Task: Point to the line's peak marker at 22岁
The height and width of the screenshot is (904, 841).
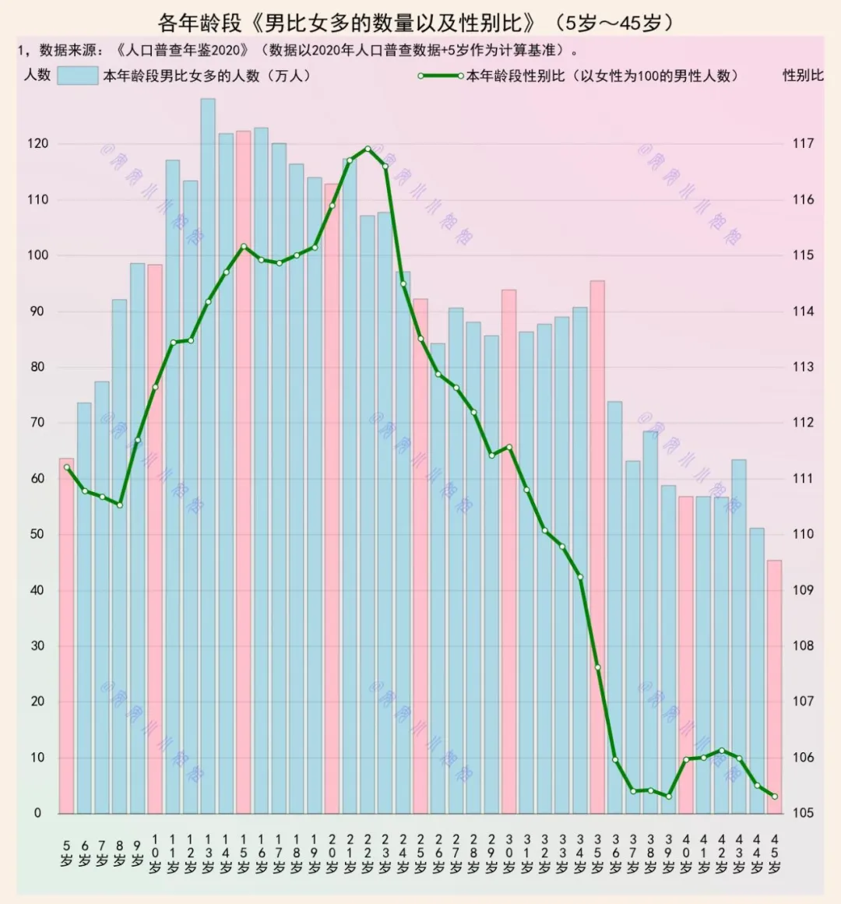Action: [x=368, y=149]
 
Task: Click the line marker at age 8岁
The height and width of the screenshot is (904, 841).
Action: [x=119, y=505]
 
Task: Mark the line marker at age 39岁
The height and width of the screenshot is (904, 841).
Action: [x=668, y=796]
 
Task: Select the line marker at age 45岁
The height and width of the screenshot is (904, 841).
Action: [x=774, y=796]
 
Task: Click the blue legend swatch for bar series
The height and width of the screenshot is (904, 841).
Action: [x=78, y=76]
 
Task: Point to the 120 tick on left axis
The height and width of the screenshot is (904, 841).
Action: [x=37, y=143]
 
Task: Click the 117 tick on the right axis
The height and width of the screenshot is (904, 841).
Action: [x=803, y=143]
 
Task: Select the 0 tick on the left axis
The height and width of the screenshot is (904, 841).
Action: [x=37, y=813]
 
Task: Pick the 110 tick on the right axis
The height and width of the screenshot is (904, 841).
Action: [x=803, y=534]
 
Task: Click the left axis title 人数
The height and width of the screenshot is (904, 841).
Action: [x=37, y=76]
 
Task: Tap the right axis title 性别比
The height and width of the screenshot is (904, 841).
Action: [x=803, y=76]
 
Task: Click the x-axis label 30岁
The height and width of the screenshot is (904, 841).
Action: [x=508, y=854]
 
